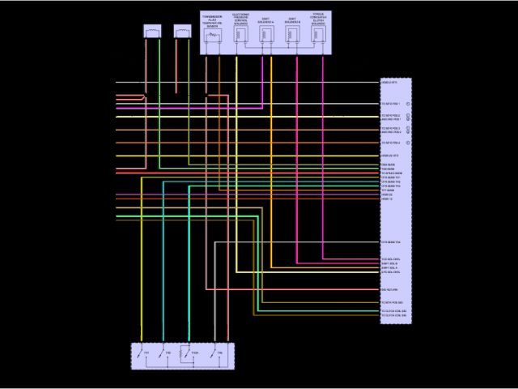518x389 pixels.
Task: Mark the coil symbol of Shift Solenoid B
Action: point(293,35)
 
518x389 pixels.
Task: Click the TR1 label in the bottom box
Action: point(146,354)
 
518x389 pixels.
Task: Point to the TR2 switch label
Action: point(168,354)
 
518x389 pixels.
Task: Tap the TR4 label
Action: point(219,354)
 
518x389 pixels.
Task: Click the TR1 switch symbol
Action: point(140,354)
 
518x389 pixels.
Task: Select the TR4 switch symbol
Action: point(214,354)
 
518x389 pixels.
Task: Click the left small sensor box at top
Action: point(152,32)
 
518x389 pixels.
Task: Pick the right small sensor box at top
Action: point(182,32)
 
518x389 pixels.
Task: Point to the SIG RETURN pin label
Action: point(389,289)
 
